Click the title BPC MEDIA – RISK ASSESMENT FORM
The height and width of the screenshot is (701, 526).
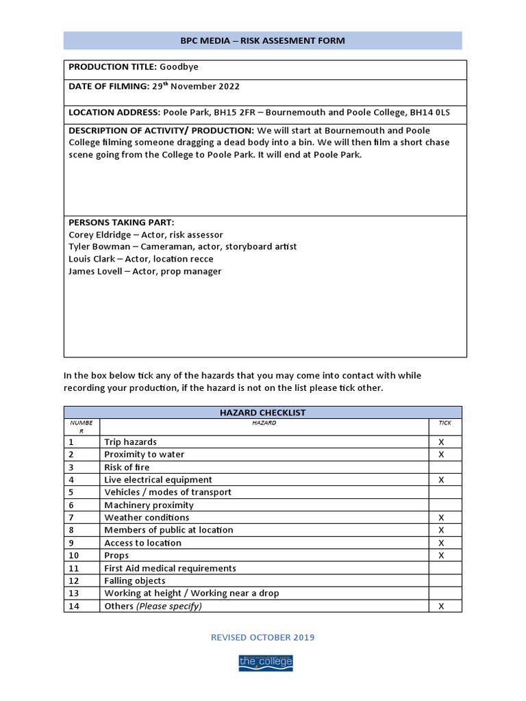[262, 41]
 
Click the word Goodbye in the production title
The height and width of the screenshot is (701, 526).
[179, 66]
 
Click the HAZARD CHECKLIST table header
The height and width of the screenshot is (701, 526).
[262, 413]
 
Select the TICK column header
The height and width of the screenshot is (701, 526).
[444, 423]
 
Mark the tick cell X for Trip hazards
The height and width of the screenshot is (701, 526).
[441, 442]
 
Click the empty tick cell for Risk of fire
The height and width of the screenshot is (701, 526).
[444, 468]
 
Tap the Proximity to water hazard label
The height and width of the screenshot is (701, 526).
[144, 455]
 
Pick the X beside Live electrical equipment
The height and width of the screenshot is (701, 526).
[441, 480]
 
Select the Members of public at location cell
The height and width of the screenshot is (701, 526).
[168, 530]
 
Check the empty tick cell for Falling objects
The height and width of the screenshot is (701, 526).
[444, 581]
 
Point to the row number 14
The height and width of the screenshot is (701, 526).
[74, 606]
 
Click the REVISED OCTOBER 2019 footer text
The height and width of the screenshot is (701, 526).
[262, 637]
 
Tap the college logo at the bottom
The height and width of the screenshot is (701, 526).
[265, 662]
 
